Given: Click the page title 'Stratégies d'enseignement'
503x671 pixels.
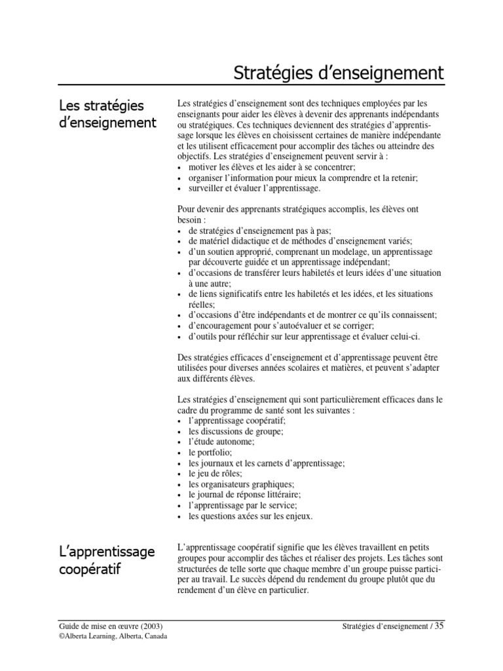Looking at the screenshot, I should tap(339, 73).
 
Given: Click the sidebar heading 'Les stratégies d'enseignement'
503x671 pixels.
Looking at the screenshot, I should tap(107, 114).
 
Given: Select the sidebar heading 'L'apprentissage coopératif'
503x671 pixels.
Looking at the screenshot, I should tap(107, 560).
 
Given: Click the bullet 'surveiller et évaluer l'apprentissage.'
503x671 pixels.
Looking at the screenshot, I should tap(254, 188).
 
